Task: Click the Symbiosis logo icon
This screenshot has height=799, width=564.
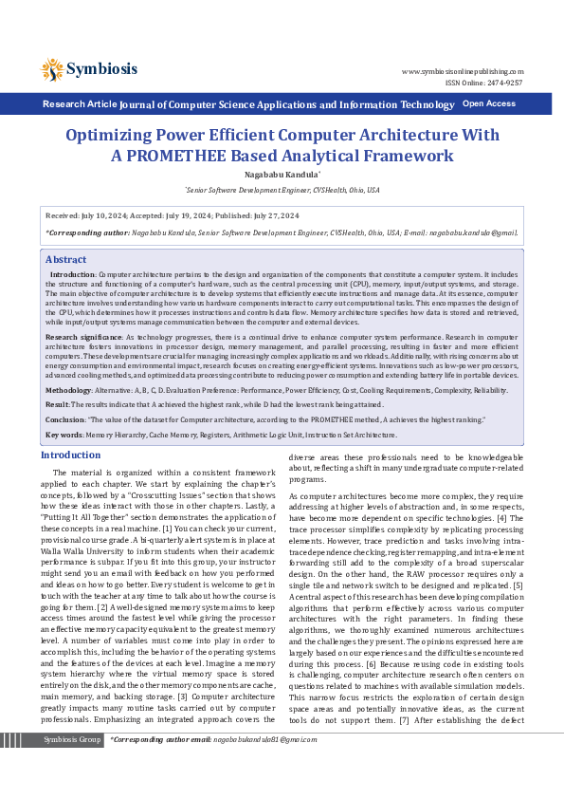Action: [x=52, y=68]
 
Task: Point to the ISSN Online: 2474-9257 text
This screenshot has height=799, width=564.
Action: [x=483, y=83]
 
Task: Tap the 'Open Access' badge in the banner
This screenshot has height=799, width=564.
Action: [x=488, y=103]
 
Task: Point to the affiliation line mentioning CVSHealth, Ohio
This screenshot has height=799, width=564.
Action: [x=282, y=190]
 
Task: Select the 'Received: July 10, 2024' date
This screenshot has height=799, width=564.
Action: [x=90, y=215]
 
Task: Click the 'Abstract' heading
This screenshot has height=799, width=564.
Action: [x=65, y=259]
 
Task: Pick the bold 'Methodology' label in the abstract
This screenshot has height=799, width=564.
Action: [x=68, y=390]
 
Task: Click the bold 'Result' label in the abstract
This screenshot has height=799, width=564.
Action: [x=57, y=404]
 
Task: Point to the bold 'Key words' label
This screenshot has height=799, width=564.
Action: [x=64, y=435]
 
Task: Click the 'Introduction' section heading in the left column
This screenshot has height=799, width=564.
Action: [x=71, y=455]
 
